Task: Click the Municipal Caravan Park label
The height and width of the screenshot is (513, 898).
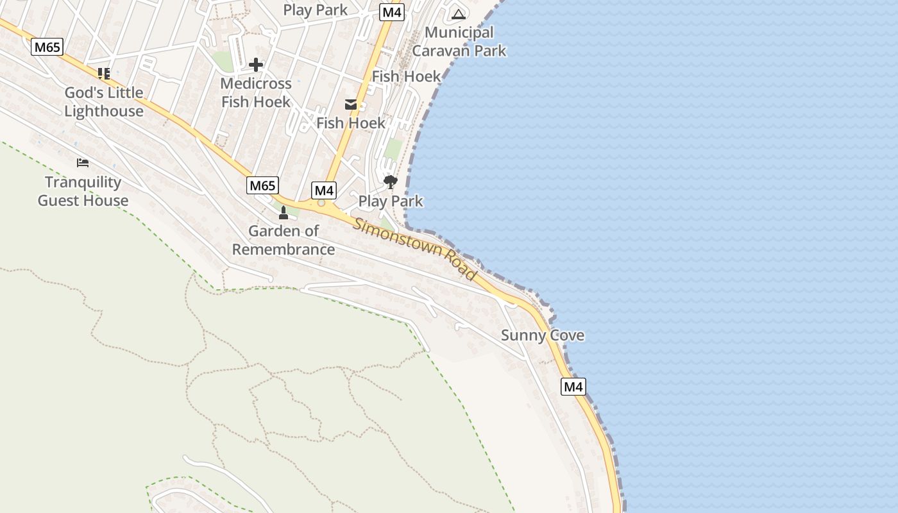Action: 459,41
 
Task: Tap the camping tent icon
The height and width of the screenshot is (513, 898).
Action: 458,14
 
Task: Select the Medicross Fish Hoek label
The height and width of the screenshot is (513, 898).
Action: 256,92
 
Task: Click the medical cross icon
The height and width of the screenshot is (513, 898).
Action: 256,65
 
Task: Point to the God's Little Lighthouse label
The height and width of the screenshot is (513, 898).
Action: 104,101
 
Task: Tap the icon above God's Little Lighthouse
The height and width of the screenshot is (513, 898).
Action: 104,74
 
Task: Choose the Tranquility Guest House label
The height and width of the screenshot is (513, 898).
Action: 83,191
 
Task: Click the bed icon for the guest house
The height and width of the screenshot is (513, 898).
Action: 83,163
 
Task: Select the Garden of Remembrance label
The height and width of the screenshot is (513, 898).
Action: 284,240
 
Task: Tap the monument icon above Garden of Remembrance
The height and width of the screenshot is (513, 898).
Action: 284,212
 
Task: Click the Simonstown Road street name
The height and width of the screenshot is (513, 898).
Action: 416,249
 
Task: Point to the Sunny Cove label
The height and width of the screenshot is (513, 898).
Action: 543,335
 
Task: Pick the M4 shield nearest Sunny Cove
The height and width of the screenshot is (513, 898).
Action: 573,387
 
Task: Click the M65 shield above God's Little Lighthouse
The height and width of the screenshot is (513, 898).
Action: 47,47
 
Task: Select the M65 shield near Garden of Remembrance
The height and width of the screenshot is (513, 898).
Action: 262,186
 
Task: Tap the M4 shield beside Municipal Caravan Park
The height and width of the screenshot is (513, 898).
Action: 392,12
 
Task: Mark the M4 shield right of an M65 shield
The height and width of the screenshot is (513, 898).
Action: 324,190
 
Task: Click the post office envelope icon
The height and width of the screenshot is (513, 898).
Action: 351,105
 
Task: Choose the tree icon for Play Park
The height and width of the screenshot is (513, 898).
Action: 390,182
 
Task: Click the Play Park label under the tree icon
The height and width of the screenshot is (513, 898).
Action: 391,201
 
